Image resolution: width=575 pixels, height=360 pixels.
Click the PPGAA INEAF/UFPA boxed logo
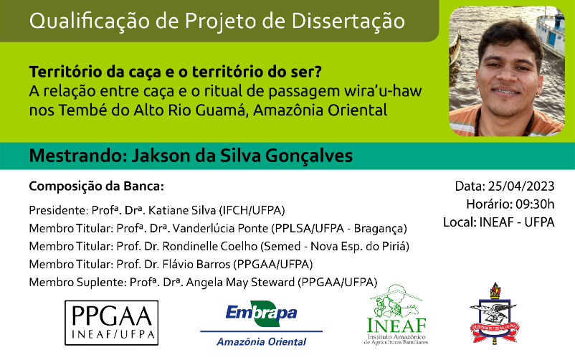(111, 323)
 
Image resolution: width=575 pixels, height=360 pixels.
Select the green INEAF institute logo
(396, 315)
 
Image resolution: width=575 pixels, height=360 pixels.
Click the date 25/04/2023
(521, 186)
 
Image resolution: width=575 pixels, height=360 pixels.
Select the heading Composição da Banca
(97, 186)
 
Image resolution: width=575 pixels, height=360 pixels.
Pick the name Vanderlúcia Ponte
(220, 228)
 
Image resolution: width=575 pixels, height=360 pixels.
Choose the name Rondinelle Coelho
(210, 246)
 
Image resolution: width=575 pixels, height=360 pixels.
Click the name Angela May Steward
(240, 283)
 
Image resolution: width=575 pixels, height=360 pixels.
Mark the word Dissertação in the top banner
(348, 21)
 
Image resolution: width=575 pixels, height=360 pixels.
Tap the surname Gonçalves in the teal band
(308, 156)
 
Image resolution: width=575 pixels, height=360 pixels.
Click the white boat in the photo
(550, 31)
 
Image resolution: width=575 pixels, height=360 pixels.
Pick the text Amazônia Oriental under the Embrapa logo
(261, 342)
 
